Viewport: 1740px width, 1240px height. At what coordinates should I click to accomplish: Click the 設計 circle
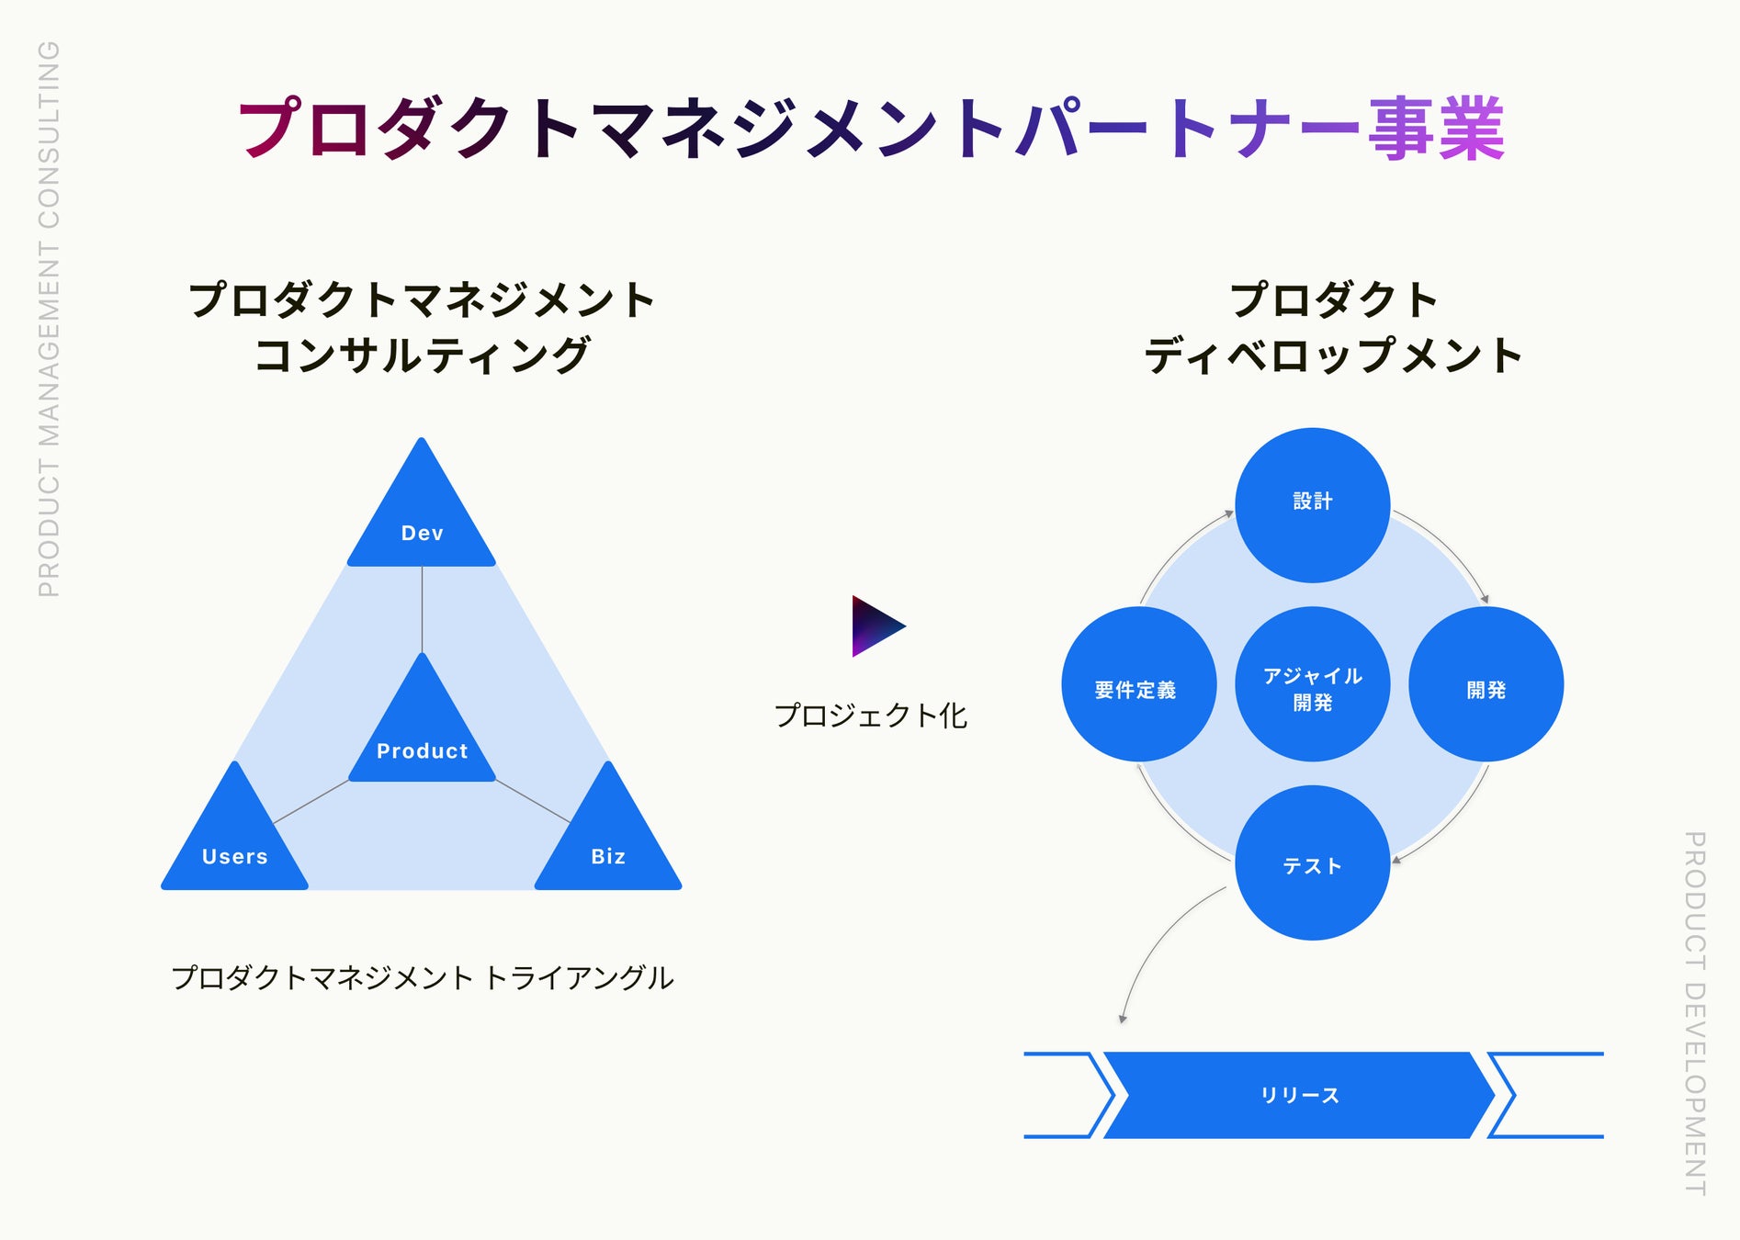[x=1312, y=504]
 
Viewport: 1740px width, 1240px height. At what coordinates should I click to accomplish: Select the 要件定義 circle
[x=1138, y=684]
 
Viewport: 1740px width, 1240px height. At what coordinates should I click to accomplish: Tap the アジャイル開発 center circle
[x=1312, y=684]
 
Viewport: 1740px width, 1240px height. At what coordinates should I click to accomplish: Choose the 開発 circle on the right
[x=1486, y=684]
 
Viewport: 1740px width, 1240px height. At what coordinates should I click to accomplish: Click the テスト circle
[x=1312, y=862]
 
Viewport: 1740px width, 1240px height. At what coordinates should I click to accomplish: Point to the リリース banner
[x=1299, y=1095]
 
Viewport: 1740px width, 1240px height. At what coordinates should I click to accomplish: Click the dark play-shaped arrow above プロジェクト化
[x=874, y=626]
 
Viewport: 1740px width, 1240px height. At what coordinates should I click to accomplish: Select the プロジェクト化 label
[x=870, y=716]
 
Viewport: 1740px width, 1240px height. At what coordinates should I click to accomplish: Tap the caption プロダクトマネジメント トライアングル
[x=423, y=977]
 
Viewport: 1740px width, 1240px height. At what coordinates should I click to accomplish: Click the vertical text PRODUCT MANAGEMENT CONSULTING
[x=49, y=319]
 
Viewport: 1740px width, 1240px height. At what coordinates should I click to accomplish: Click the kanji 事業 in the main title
[x=1437, y=130]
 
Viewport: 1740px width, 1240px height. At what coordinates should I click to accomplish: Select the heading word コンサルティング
[x=422, y=355]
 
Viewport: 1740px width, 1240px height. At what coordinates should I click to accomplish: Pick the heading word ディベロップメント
[x=1333, y=355]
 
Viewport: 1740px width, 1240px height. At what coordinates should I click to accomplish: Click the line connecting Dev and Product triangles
[x=422, y=608]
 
